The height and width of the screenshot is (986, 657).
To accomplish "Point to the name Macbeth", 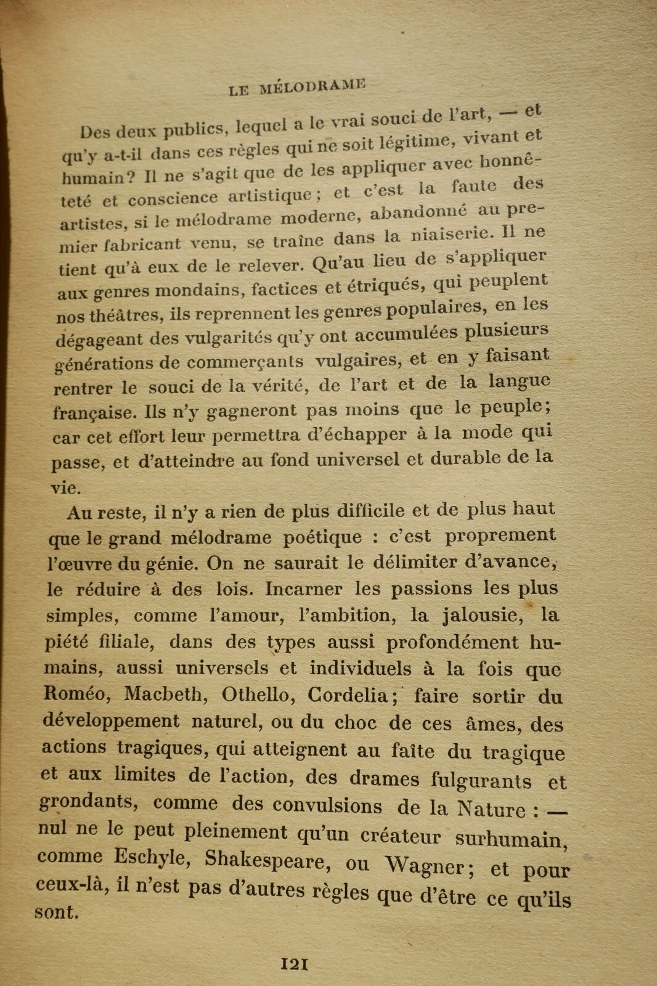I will [x=163, y=694].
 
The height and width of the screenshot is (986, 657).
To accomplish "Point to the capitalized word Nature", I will [x=491, y=808].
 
